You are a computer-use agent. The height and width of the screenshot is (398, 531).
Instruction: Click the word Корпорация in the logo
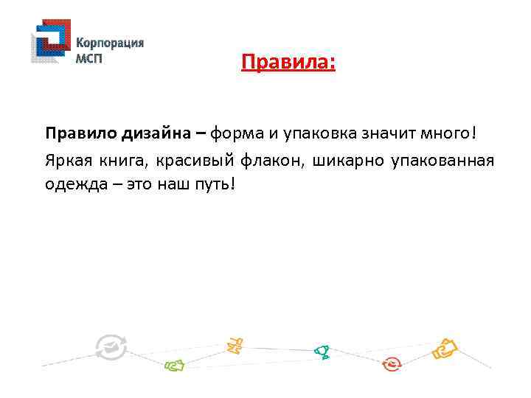click(x=110, y=43)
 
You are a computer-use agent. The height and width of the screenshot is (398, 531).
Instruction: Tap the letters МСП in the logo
click(x=89, y=58)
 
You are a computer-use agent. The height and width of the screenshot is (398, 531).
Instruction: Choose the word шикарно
click(x=347, y=159)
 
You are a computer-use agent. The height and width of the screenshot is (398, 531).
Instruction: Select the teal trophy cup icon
click(x=322, y=352)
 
